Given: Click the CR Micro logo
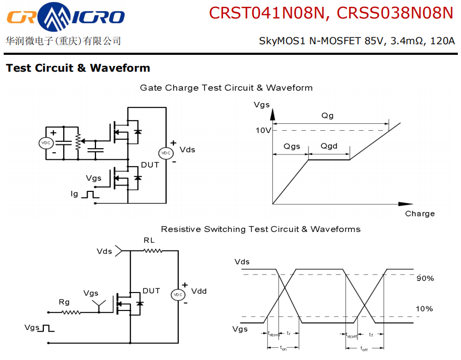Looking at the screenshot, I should point(65,17).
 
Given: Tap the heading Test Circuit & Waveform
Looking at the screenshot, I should point(78,68).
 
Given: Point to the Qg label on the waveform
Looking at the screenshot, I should point(328,115).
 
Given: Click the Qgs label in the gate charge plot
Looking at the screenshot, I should point(292,146).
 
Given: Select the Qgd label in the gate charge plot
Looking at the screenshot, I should point(329,146).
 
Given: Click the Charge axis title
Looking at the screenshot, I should point(420,213).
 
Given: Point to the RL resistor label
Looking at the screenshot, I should point(149,240).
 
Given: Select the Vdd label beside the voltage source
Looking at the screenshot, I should point(199,291).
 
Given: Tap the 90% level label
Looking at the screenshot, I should point(425,278).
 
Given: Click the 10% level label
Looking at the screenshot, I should point(425,308).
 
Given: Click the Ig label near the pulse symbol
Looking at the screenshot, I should point(74,194).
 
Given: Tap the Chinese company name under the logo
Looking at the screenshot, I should point(63,41).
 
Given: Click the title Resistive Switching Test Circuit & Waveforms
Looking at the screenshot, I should point(261,229).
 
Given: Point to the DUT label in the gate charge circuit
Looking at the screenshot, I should point(150,165).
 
